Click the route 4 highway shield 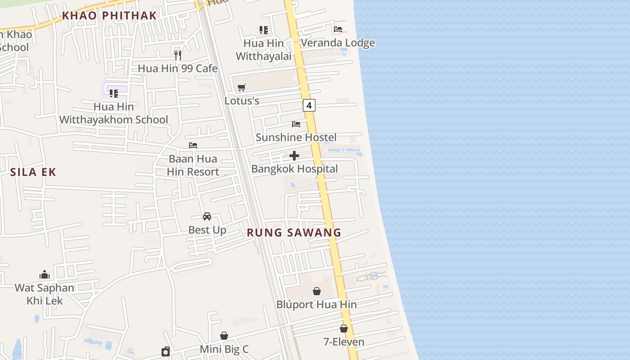[x=309, y=106]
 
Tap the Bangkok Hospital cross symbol [x=294, y=156]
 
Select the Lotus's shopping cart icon [x=242, y=87]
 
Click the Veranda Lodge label [x=338, y=43]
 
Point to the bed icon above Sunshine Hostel [x=296, y=124]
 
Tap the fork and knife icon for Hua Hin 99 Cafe [x=178, y=55]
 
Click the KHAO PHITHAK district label [x=109, y=15]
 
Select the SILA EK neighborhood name [x=33, y=172]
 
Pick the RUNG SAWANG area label [x=294, y=233]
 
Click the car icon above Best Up [x=207, y=216]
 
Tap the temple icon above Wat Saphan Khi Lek [x=45, y=274]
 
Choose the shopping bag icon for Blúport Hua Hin [x=317, y=291]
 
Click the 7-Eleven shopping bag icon [x=344, y=328]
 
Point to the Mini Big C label [x=224, y=349]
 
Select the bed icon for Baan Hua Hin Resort [x=193, y=145]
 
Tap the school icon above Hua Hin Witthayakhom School [x=114, y=94]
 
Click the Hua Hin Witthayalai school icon [x=264, y=30]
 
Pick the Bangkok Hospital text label [x=294, y=169]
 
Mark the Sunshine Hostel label [x=296, y=137]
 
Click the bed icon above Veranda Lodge [x=338, y=29]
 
